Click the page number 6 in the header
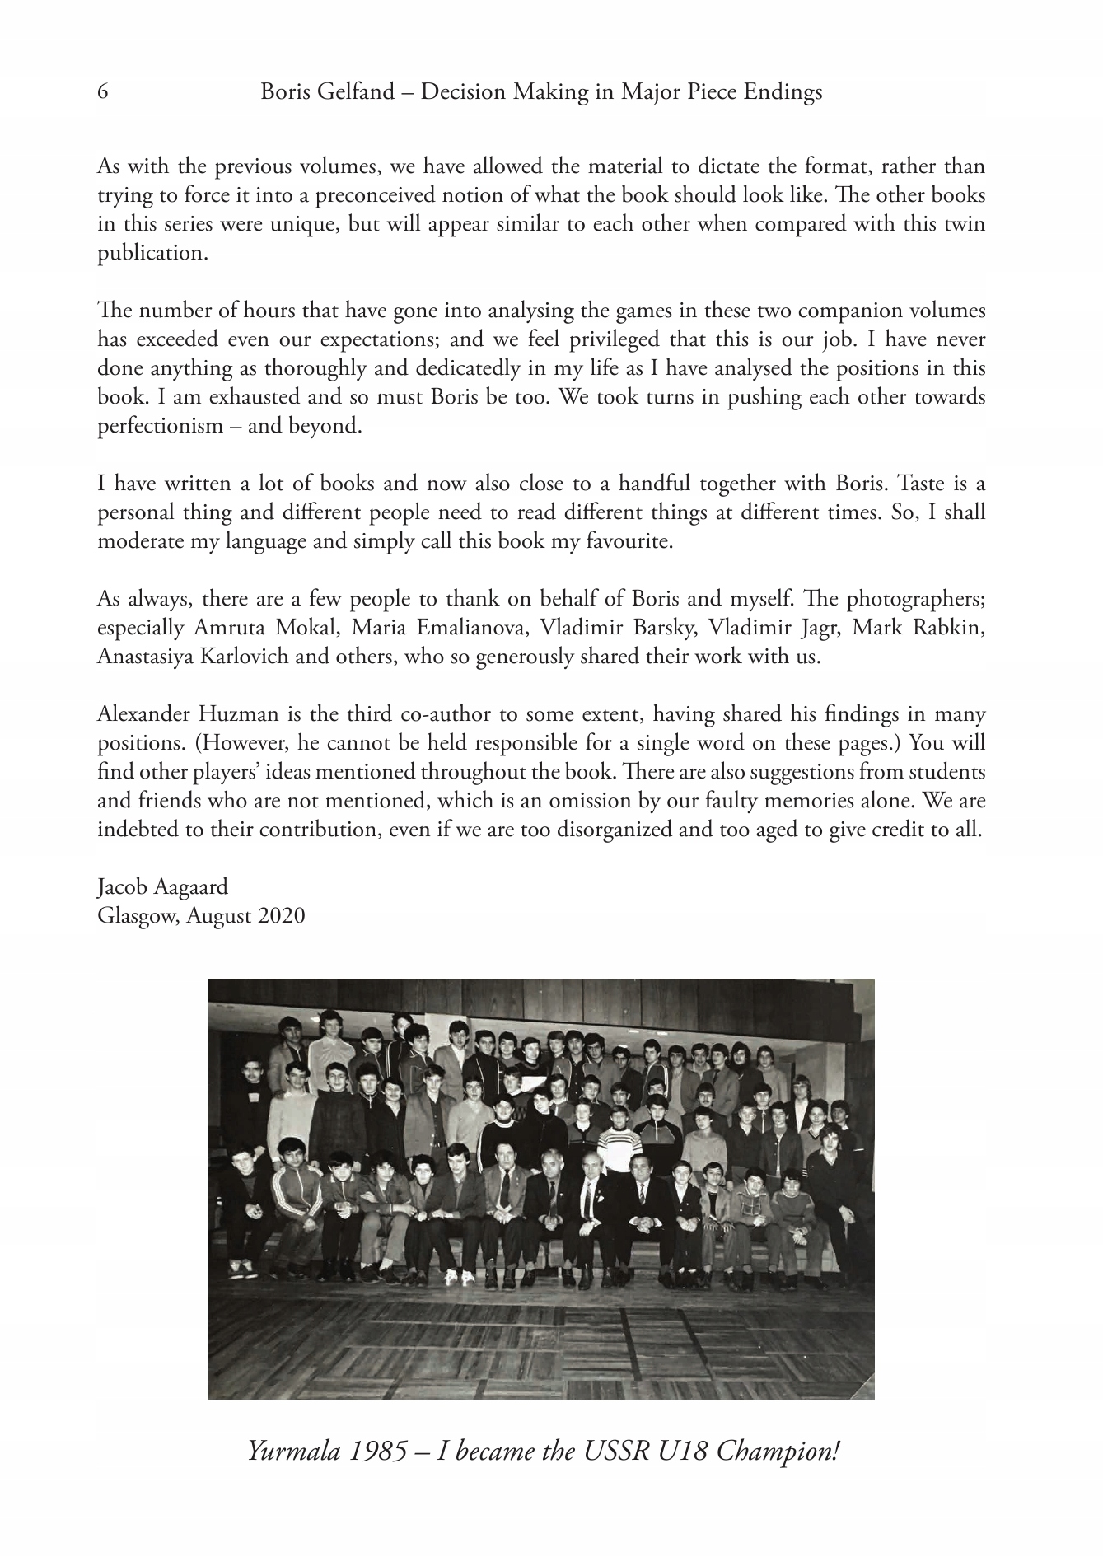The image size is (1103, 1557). pyautogui.click(x=103, y=91)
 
